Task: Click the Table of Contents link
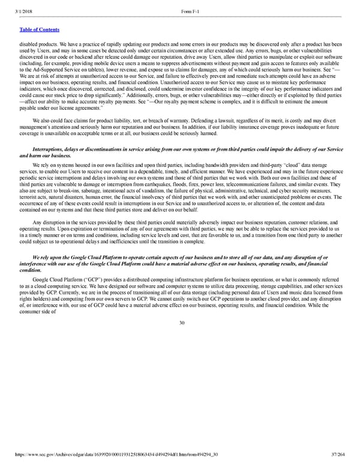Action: click(40, 29)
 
